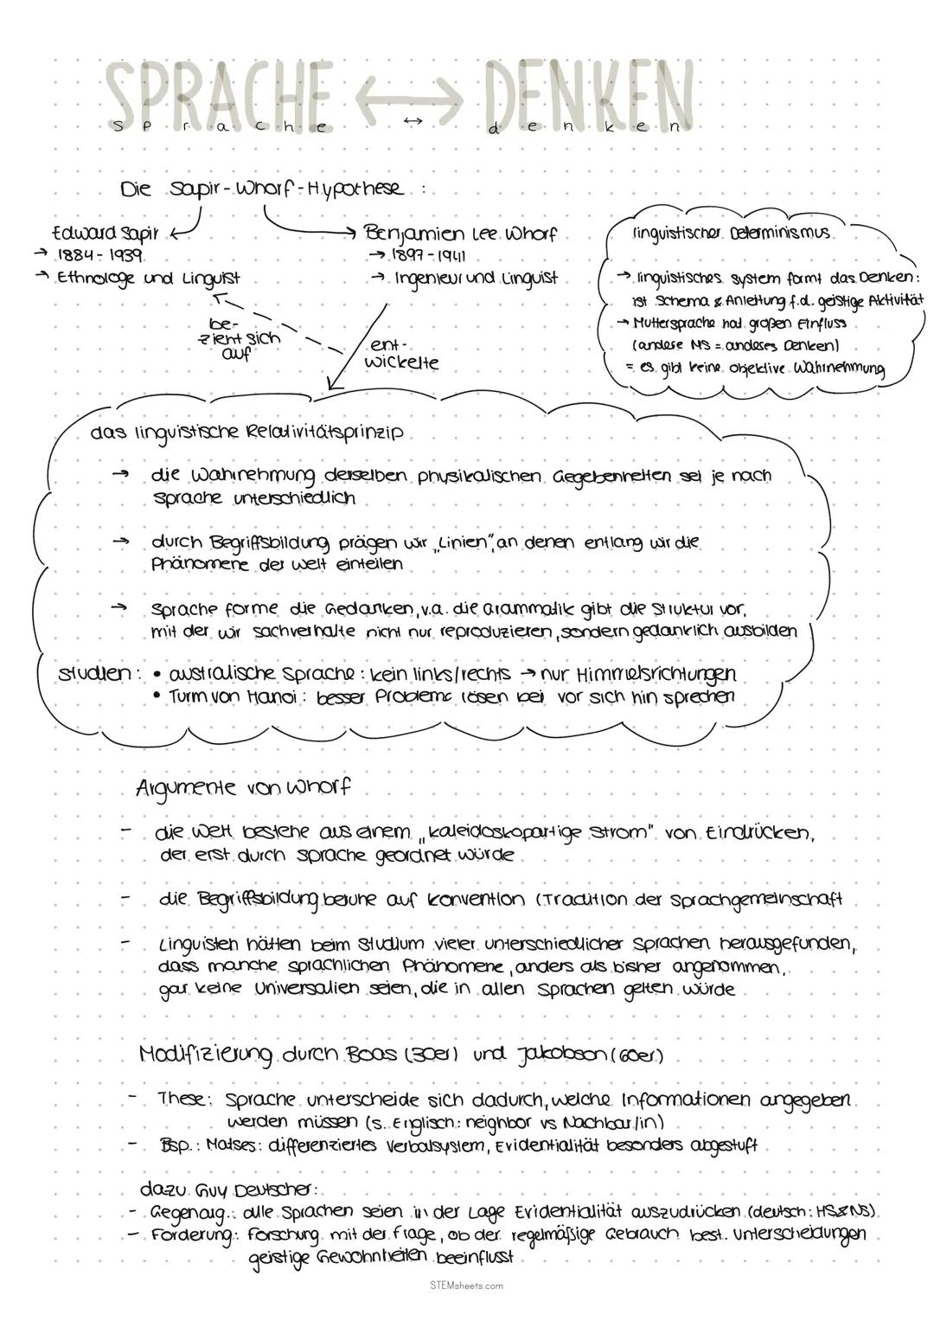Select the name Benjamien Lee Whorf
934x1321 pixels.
(460, 234)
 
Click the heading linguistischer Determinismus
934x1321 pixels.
(732, 234)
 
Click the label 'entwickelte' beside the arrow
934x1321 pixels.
(400, 356)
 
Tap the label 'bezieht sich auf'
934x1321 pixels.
(239, 337)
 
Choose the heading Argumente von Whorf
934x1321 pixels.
(243, 788)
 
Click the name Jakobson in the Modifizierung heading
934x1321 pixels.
(547, 1055)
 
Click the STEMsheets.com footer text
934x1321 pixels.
(466, 1286)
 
